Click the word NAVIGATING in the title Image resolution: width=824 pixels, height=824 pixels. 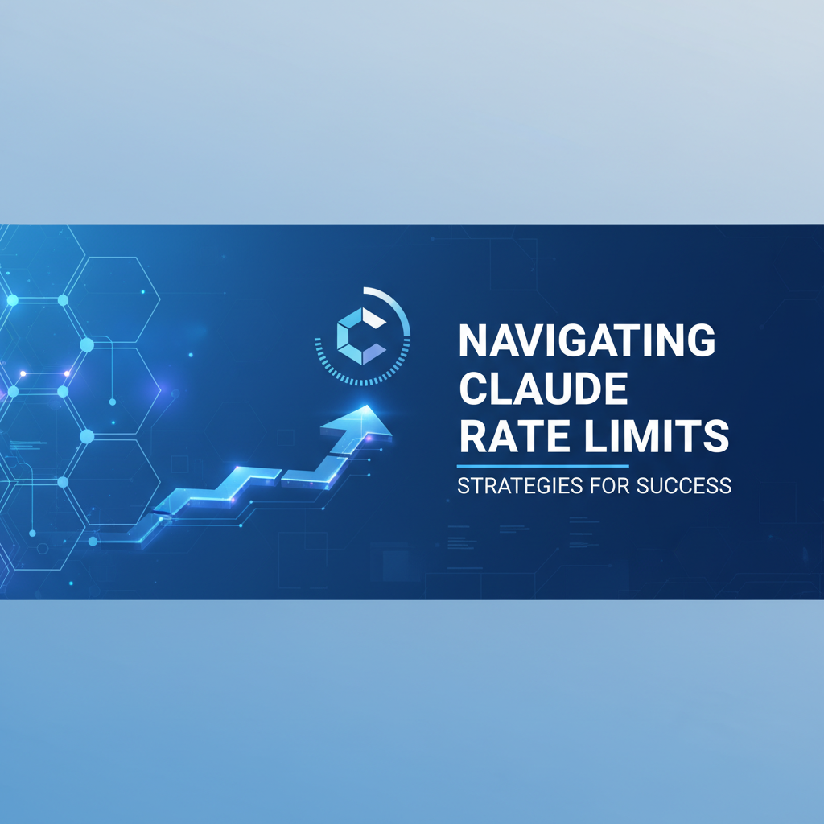tap(586, 340)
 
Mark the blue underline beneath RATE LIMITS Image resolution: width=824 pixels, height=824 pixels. tap(542, 466)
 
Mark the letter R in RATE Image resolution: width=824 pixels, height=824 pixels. tap(471, 438)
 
